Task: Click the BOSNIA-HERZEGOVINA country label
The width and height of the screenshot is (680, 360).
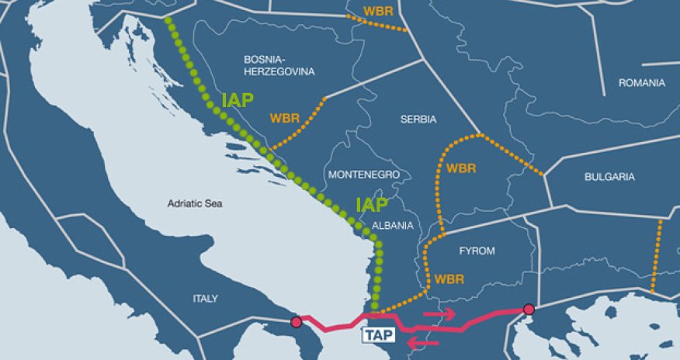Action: click(x=279, y=65)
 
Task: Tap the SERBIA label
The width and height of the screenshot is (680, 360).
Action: click(x=418, y=119)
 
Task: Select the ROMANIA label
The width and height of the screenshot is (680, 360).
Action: click(x=642, y=82)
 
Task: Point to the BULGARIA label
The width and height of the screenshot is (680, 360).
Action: click(x=609, y=177)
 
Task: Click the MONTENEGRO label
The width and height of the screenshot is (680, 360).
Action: click(x=364, y=175)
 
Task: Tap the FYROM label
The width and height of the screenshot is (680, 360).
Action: click(x=477, y=251)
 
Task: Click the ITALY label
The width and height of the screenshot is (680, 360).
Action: click(x=206, y=299)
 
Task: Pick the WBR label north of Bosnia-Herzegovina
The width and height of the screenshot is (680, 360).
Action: click(x=377, y=12)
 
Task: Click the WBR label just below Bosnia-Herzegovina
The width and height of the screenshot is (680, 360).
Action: click(x=285, y=119)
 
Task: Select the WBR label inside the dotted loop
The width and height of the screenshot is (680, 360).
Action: click(x=462, y=168)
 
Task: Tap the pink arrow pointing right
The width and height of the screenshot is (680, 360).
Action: click(x=439, y=313)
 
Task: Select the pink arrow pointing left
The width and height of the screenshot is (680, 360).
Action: click(x=424, y=342)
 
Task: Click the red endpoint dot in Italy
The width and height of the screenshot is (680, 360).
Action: click(x=296, y=322)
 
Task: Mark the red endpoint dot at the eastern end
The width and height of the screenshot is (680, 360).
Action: click(x=529, y=310)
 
